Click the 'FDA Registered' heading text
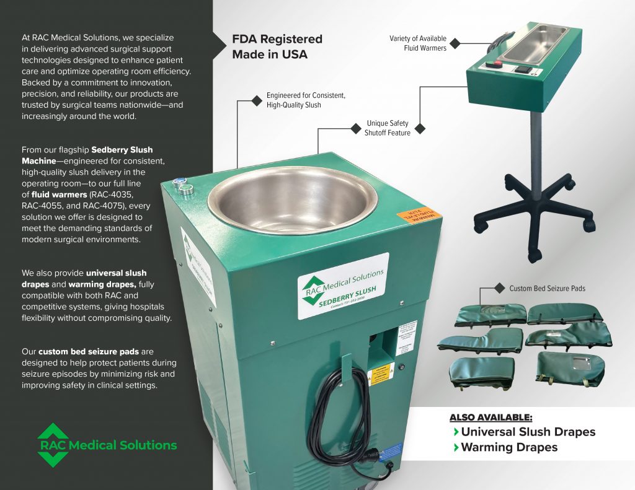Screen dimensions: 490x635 277,39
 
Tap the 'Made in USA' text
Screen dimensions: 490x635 270,55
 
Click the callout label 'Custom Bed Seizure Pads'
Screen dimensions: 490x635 547,289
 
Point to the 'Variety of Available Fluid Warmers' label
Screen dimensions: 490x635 417,43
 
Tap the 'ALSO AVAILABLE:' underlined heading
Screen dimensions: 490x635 491,417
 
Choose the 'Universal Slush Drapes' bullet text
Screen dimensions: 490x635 528,432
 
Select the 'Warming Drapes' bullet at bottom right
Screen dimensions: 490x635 509,447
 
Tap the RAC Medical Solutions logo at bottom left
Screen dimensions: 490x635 107,445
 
